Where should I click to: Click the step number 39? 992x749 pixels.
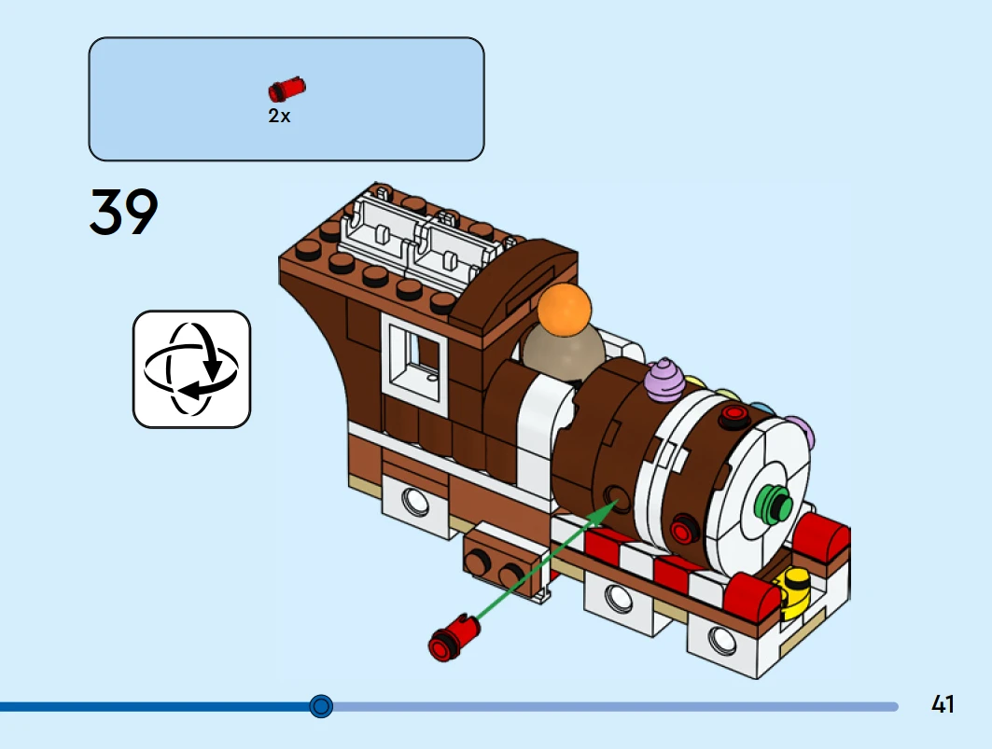pos(124,213)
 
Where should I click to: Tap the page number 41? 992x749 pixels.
pos(943,704)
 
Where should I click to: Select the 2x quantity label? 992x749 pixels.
pos(279,117)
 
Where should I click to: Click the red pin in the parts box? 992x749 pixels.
pos(286,89)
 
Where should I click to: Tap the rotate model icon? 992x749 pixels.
pos(191,369)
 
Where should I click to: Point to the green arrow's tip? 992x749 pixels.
pos(617,501)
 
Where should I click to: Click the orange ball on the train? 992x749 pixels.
pos(566,309)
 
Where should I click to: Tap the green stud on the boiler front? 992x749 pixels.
pos(775,504)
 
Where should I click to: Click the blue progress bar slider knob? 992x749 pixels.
pos(321,706)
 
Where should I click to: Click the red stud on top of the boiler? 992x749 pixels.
pos(734,413)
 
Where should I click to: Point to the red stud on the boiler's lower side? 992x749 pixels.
pos(684,533)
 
